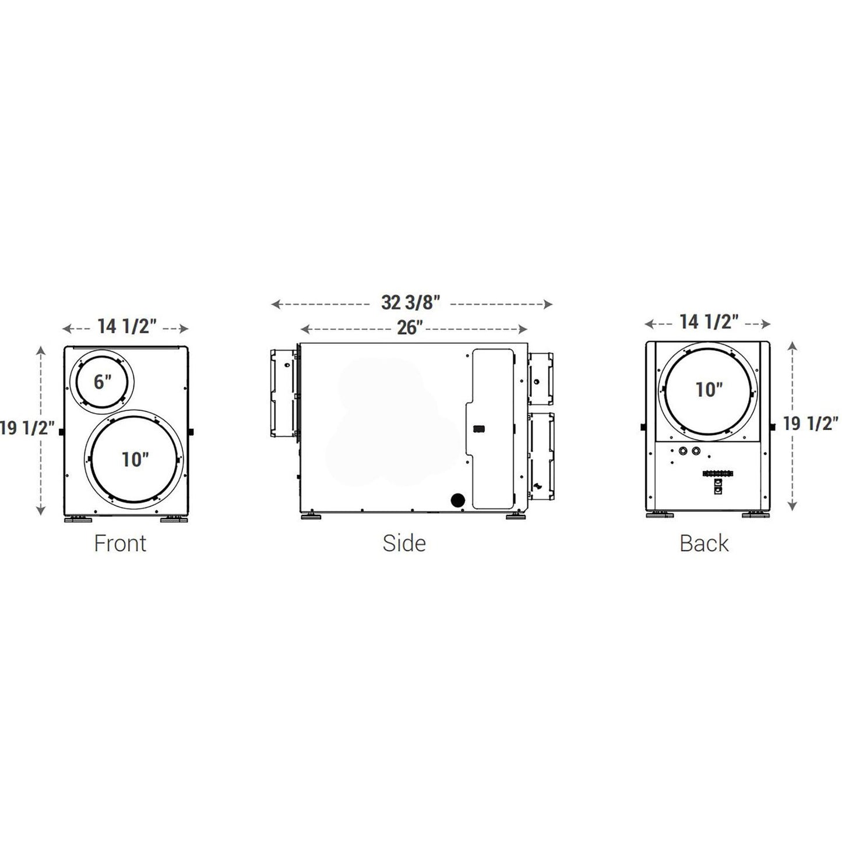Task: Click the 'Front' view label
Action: (120, 543)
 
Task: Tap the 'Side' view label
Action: (404, 543)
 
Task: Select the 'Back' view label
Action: (704, 543)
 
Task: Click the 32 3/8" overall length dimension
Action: (411, 303)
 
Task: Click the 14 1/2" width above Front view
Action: (127, 326)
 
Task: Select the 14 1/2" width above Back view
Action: (709, 322)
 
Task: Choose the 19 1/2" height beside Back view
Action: (811, 424)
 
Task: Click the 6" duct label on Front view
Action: (103, 382)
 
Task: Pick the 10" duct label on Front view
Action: (135, 459)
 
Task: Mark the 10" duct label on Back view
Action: (709, 390)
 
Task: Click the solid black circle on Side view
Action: (458, 500)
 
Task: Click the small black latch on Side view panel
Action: (479, 429)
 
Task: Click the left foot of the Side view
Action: (310, 516)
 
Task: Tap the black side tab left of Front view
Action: (61, 432)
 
